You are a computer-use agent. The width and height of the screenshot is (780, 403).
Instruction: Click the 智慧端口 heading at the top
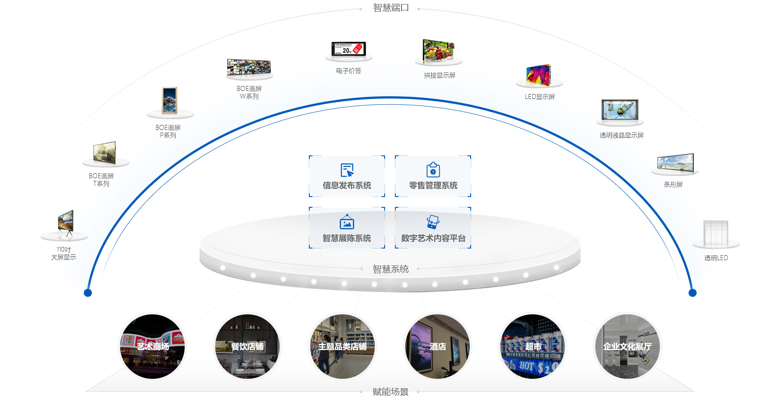(x=391, y=8)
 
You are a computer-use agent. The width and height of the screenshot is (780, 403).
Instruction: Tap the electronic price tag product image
(x=348, y=48)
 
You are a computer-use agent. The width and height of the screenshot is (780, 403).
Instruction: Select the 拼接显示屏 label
(x=439, y=75)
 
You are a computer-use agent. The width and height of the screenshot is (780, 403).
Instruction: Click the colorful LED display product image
(x=538, y=75)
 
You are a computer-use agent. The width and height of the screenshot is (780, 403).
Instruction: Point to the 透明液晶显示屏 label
(x=621, y=135)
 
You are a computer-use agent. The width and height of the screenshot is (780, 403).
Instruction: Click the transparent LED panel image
(x=715, y=233)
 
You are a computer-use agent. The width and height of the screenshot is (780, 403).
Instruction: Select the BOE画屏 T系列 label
(x=101, y=180)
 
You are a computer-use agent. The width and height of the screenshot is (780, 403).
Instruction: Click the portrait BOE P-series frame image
(x=169, y=100)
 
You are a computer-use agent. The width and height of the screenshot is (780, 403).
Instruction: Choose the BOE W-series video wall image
(x=249, y=67)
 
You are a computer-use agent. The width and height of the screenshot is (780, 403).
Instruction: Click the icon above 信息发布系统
(x=347, y=170)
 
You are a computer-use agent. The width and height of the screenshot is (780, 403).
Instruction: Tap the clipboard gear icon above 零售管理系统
(x=433, y=170)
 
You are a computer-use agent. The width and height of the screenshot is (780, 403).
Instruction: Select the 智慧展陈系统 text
(x=347, y=238)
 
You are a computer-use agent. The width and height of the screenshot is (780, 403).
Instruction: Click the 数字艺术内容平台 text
(x=433, y=238)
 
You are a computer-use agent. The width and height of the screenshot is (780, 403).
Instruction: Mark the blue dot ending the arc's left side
(x=88, y=293)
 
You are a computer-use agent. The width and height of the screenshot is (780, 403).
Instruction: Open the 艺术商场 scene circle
(x=152, y=346)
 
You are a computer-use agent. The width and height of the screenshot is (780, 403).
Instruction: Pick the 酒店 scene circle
(x=438, y=346)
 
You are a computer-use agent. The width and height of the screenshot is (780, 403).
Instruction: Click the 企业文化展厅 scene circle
(x=627, y=346)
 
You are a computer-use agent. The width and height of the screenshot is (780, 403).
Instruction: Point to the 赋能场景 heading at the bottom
(x=390, y=392)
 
